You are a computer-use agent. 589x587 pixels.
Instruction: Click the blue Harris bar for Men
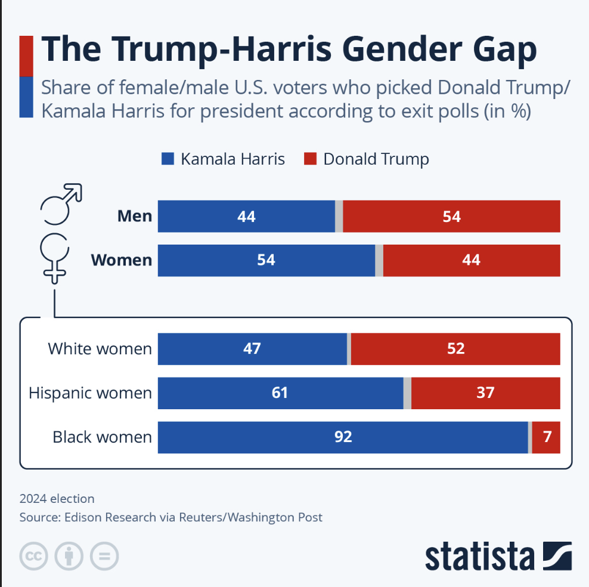(x=246, y=216)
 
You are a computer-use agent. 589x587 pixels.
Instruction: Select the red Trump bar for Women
(x=471, y=260)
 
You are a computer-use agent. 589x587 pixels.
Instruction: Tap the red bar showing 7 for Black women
(x=546, y=437)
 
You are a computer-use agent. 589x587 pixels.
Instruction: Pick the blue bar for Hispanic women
(x=280, y=393)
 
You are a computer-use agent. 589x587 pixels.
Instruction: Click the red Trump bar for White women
(x=455, y=348)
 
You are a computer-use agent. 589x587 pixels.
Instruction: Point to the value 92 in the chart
(x=343, y=437)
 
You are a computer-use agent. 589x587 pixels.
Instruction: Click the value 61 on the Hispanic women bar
(x=280, y=393)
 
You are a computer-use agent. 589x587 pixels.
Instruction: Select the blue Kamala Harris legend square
(x=168, y=159)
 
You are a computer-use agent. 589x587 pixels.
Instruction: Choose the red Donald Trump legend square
(x=310, y=159)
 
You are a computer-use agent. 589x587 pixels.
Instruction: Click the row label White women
(x=100, y=348)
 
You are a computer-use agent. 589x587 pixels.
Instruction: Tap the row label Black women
(x=102, y=437)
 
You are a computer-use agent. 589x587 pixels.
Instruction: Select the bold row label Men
(x=135, y=216)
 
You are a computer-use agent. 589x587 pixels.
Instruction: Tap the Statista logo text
(x=479, y=556)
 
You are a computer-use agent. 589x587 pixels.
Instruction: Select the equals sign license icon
(x=104, y=557)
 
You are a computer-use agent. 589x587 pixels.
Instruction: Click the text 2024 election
(x=57, y=499)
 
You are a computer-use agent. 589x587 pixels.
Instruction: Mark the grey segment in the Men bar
(x=339, y=216)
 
